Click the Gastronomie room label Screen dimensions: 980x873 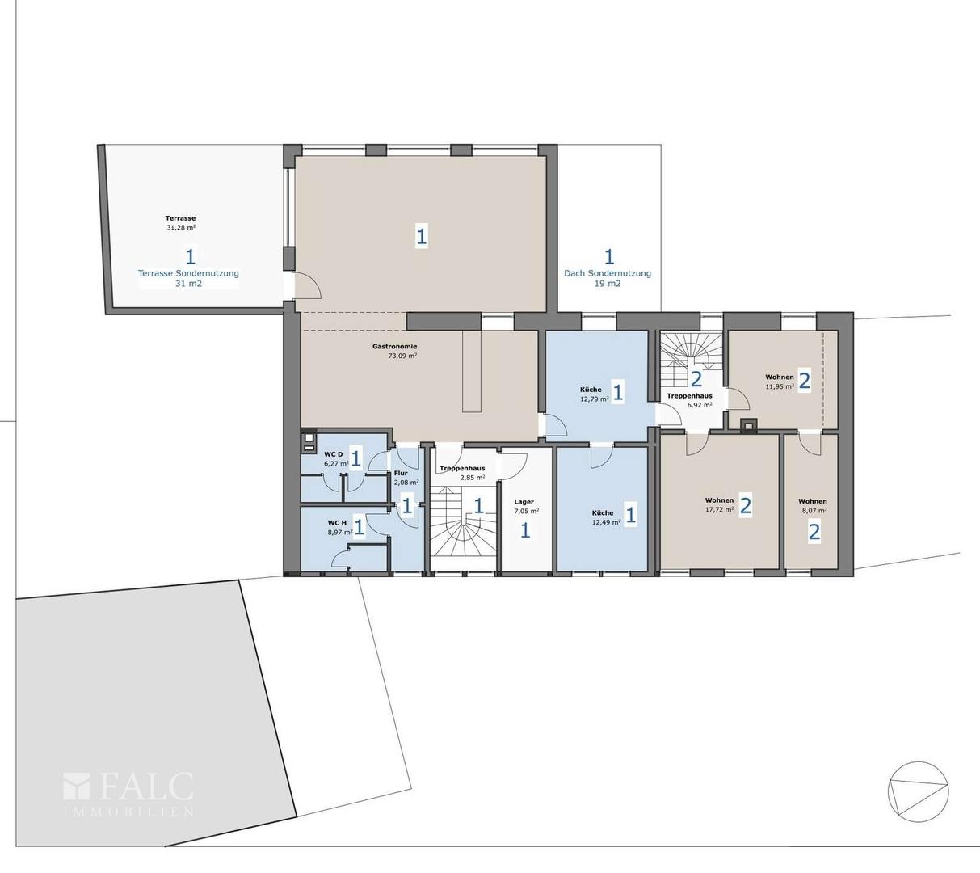pos(394,347)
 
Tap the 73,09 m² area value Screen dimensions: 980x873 pos(402,356)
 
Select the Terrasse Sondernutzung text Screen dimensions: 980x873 pos(188,273)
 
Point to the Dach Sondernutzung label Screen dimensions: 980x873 pos(608,273)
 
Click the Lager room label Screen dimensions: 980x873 pos(524,502)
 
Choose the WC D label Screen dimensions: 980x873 pos(334,454)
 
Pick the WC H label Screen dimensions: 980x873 pos(337,523)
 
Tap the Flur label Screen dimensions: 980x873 pos(401,473)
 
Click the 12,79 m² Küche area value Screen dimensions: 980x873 pos(595,399)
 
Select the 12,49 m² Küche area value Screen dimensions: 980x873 pos(607,521)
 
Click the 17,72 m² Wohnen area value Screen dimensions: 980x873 pos(719,509)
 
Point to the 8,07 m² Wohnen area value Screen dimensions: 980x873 pos(813,510)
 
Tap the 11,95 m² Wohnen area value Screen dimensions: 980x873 pos(780,386)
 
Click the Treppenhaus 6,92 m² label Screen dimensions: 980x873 pos(689,400)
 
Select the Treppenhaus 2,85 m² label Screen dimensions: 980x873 pos(462,473)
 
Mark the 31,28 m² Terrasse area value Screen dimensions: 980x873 pos(181,227)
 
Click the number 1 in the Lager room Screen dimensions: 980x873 pos(525,531)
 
